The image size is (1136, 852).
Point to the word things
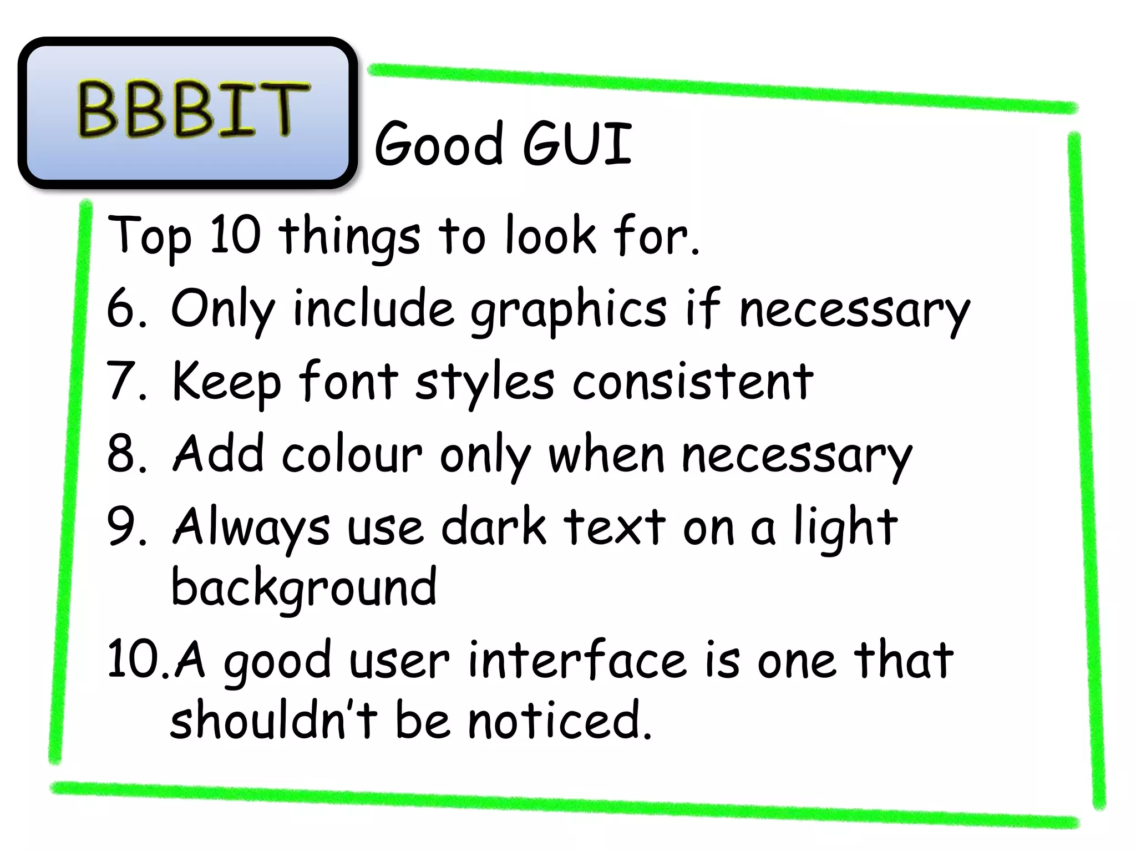[349, 237]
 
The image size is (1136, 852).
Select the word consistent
[693, 382]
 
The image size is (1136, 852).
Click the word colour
[352, 454]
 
